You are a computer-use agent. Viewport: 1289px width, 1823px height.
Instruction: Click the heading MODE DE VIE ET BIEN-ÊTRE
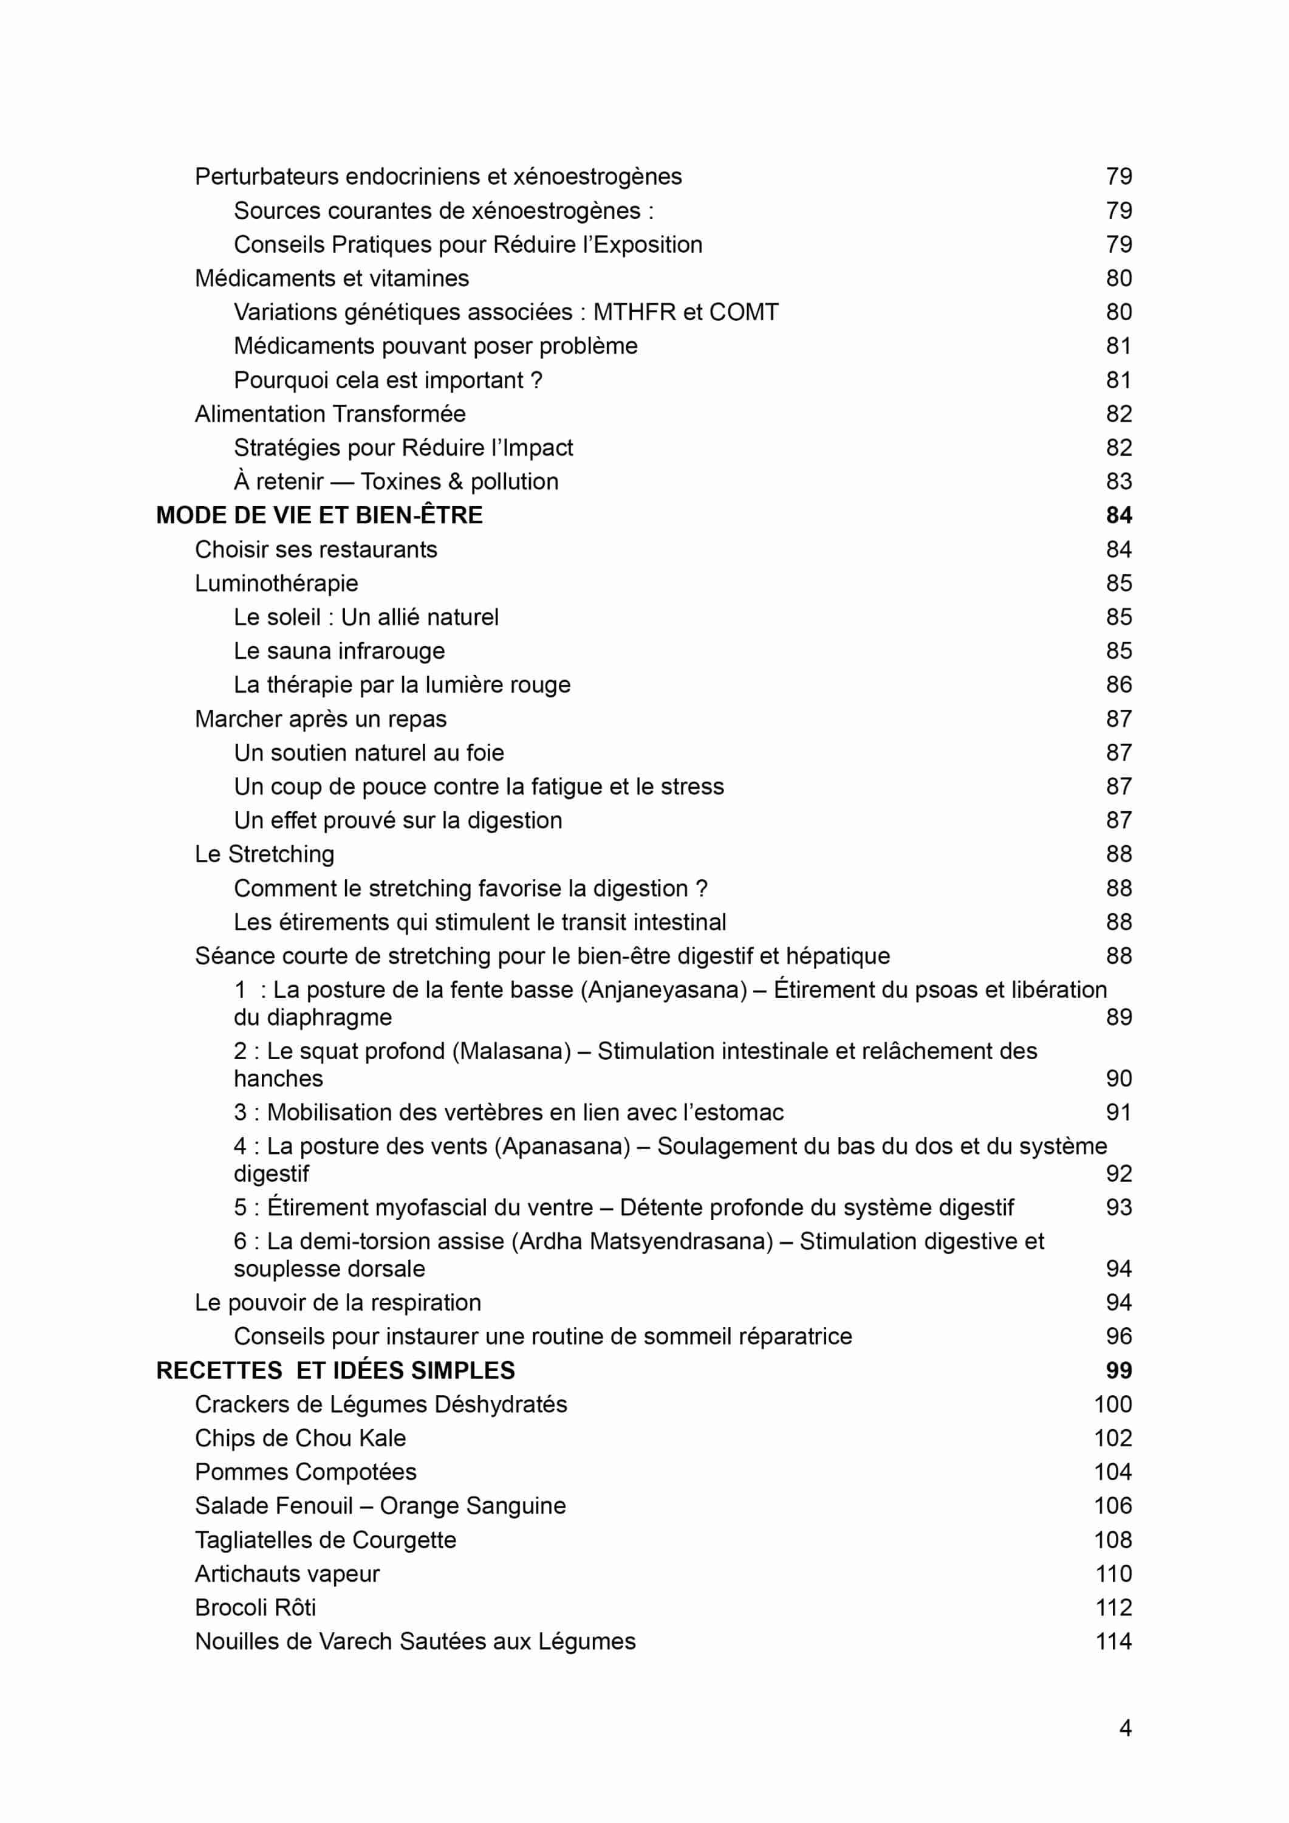click(319, 515)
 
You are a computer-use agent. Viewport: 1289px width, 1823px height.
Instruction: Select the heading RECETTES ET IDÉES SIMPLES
click(336, 1370)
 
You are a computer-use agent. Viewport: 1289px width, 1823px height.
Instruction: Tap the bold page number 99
click(1118, 1370)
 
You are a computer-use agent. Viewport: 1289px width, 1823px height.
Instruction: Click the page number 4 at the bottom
click(1125, 1728)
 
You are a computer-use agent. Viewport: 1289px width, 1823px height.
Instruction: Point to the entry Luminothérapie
click(276, 583)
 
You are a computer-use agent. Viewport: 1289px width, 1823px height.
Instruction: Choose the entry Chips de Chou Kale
click(300, 1438)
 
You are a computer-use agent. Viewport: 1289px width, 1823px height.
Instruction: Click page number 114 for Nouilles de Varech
click(1113, 1641)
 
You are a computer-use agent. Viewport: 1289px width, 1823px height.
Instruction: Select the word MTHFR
click(634, 312)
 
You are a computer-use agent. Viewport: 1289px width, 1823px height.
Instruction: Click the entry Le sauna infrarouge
click(339, 651)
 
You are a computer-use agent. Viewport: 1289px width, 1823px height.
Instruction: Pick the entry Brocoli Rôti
click(256, 1607)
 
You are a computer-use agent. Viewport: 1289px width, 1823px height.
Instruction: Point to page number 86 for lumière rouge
click(1118, 684)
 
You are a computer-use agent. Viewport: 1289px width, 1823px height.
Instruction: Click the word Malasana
click(511, 1051)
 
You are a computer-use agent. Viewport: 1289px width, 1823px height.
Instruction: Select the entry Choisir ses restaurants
click(316, 549)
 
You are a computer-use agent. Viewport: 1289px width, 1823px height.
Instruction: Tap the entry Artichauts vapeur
click(287, 1574)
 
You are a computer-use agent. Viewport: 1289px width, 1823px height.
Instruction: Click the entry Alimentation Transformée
click(330, 414)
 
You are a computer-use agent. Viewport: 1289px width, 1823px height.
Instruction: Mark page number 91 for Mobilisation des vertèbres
click(1118, 1113)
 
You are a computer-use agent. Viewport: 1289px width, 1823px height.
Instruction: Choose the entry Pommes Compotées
click(306, 1472)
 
